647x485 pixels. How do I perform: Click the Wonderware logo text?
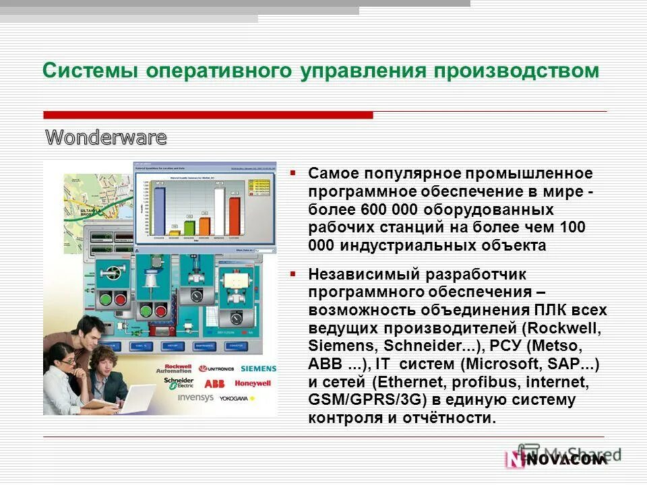click(x=106, y=138)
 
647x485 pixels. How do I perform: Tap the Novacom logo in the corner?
click(x=556, y=459)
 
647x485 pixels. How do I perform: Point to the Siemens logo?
click(x=258, y=368)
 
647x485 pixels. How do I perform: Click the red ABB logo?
click(x=214, y=384)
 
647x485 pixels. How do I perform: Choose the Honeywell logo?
click(x=253, y=383)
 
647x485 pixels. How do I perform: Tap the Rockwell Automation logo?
click(x=178, y=368)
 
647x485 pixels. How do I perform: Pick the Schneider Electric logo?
click(x=178, y=383)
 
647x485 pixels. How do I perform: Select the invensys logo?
click(x=195, y=397)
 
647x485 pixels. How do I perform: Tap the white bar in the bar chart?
click(x=219, y=211)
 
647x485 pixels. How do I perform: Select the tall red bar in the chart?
click(x=234, y=216)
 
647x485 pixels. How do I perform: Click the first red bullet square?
click(x=293, y=172)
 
